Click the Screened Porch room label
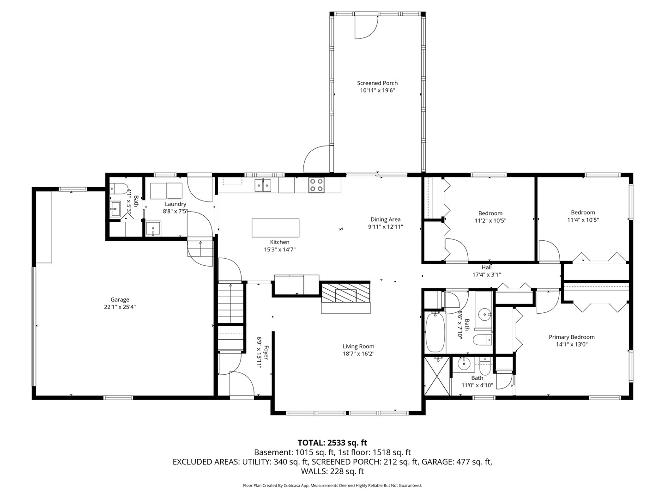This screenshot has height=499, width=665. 377,83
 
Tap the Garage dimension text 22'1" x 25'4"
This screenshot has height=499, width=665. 120,307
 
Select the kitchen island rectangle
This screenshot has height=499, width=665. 275,228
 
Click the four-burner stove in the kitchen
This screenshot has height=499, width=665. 316,185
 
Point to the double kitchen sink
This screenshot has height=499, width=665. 263,185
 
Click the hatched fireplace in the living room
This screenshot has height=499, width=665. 346,292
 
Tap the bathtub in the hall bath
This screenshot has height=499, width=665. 435,332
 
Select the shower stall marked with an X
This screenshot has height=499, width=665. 437,376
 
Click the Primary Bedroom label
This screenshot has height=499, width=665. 572,337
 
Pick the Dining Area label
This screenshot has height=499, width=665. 385,219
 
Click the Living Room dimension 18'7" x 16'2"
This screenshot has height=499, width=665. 358,353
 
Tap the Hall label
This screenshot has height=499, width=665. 487,267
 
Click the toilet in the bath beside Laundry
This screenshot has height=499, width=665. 119,189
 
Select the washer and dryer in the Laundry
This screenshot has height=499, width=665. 166,191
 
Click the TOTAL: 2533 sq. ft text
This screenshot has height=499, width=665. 332,443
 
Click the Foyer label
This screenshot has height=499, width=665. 266,353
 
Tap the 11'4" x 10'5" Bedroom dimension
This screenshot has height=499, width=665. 583,220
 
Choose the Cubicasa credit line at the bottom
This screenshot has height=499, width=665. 332,485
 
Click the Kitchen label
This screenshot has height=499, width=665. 280,242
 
